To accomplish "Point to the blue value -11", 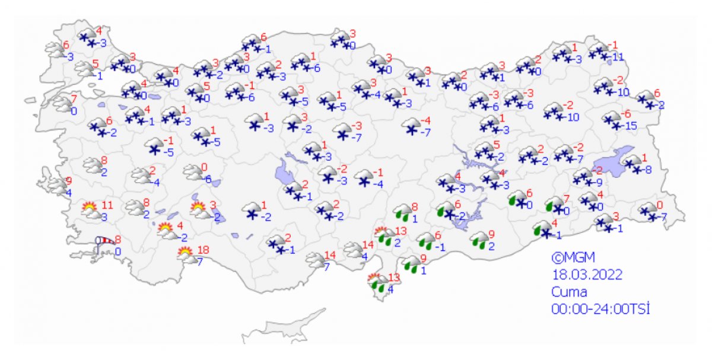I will [x=619, y=57].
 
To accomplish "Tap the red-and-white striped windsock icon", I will [x=106, y=241].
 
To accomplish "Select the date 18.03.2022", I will [x=586, y=275].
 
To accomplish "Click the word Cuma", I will [x=568, y=292].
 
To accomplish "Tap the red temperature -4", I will [x=425, y=121].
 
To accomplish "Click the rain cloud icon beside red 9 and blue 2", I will [x=478, y=240].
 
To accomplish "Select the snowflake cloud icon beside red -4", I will [x=410, y=126].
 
